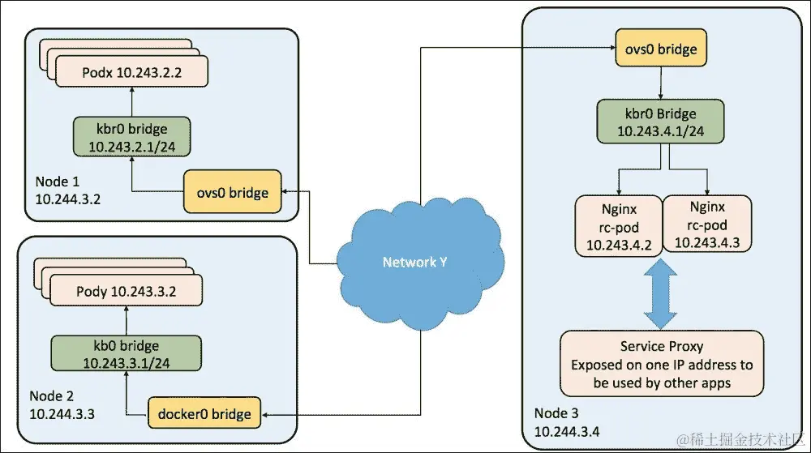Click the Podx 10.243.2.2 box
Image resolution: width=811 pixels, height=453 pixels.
coord(131,72)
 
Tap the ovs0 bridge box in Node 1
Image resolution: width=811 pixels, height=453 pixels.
coord(232,192)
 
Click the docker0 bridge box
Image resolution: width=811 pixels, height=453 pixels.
coord(204,414)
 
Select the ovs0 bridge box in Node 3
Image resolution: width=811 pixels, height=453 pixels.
coord(655,49)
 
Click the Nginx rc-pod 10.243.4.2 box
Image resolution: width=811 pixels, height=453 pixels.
coord(618,224)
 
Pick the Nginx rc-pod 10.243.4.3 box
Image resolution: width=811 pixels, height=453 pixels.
coord(706,224)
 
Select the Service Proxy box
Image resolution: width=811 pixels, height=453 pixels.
coord(662,364)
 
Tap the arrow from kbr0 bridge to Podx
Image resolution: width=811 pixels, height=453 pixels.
coord(131,102)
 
